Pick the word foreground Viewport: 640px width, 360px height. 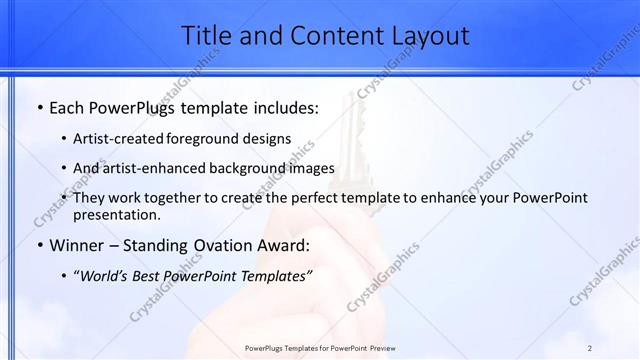(206, 138)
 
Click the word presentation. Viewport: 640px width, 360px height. (116, 214)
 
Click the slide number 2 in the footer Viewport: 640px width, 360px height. (590, 348)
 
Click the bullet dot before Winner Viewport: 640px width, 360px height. (39, 245)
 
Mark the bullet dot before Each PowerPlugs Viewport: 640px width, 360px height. (39, 105)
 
